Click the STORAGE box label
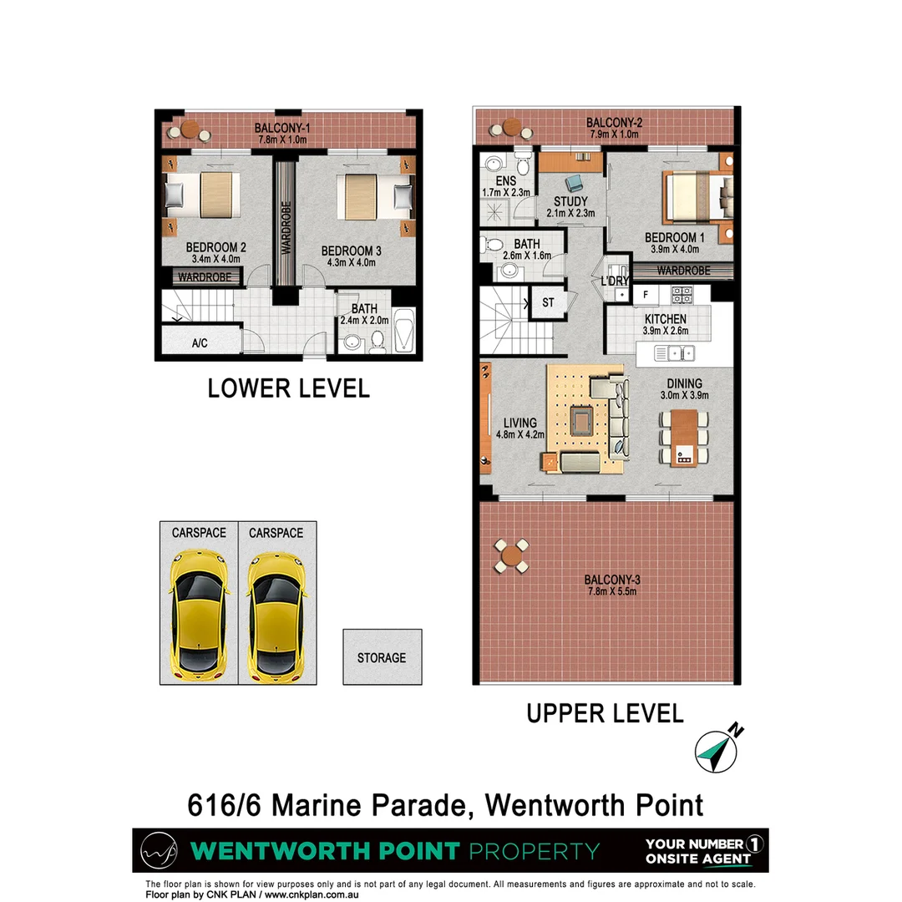point(382,657)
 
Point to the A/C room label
point(200,342)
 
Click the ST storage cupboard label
point(549,302)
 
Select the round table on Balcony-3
point(510,555)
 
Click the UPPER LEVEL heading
point(605,713)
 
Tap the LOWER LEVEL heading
point(288,388)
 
